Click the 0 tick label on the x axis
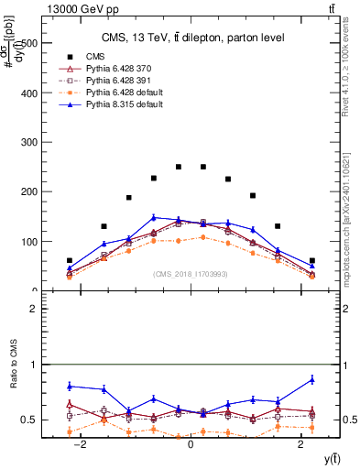(191, 445)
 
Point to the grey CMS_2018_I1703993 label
(191, 273)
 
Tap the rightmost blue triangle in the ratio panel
(312, 379)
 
